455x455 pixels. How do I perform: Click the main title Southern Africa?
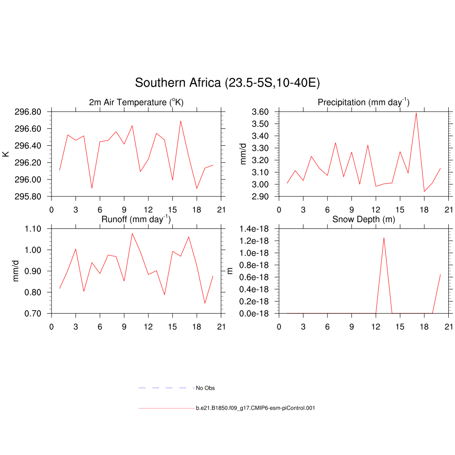point(227,83)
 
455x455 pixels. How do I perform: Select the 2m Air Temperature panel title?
point(136,103)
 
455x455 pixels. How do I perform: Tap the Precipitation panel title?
point(363,103)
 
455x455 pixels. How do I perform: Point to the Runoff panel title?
point(136,219)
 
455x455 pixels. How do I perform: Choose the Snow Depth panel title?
point(363,219)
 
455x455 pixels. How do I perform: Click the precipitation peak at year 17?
point(416,113)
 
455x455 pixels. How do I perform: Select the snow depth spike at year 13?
point(383,238)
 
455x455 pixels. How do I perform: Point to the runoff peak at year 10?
point(132,233)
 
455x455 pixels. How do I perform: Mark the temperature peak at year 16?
point(180,121)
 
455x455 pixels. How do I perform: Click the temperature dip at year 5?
point(92,188)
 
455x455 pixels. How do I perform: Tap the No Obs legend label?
point(205,388)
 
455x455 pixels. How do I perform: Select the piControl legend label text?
point(255,408)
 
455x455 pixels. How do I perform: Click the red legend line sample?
point(166,408)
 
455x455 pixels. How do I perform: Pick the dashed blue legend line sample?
point(166,388)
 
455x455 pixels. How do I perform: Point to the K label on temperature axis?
point(6,154)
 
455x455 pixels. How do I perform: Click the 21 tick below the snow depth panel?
point(449,327)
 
